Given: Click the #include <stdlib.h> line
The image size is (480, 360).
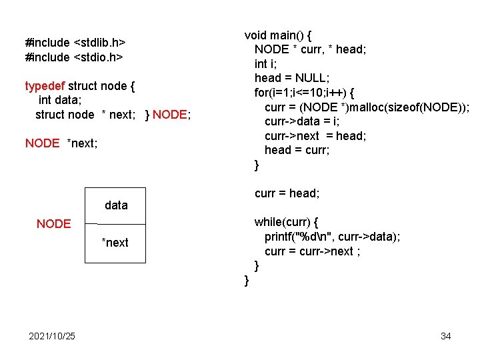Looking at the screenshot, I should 75,43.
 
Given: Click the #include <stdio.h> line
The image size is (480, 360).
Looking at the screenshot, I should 73,57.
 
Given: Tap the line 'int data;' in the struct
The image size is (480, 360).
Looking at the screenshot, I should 61,101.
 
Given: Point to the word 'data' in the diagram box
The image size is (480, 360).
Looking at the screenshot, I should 116,205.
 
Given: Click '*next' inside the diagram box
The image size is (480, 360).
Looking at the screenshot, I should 115,243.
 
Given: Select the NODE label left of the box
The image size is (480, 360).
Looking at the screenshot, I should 53,224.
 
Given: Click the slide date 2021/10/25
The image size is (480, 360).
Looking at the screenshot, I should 52,336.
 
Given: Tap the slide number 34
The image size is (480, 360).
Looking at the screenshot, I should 445,336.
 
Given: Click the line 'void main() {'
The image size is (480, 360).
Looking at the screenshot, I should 283,35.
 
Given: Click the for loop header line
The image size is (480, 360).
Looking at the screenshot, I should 304,93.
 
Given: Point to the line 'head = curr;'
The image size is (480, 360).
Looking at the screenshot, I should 297,151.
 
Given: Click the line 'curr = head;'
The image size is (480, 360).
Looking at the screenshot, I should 287,193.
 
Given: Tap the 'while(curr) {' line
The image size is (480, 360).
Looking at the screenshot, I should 287,223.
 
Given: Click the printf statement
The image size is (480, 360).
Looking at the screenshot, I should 332,237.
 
